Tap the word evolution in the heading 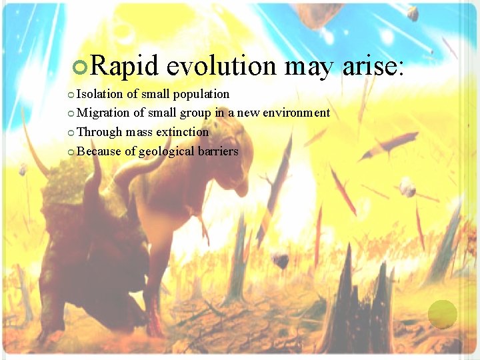[x=221, y=66]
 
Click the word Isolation [x=101, y=94]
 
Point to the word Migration [x=104, y=113]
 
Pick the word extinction [x=182, y=132]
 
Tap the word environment [x=295, y=113]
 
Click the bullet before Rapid [x=81, y=67]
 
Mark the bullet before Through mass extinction [x=71, y=133]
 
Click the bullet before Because [x=71, y=152]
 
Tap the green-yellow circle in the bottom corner [x=442, y=314]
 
